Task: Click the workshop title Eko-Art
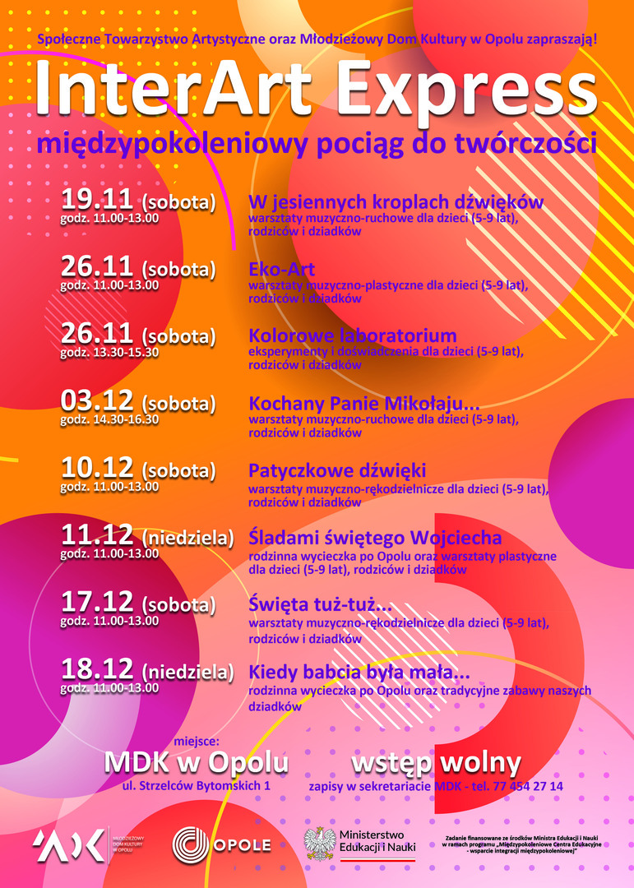(x=281, y=270)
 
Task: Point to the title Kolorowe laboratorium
(x=352, y=336)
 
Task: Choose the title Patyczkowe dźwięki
(x=337, y=471)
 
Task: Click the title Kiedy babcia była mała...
(x=359, y=672)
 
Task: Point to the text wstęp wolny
(x=436, y=763)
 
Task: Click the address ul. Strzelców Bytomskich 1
(x=196, y=786)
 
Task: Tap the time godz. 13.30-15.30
(x=109, y=352)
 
